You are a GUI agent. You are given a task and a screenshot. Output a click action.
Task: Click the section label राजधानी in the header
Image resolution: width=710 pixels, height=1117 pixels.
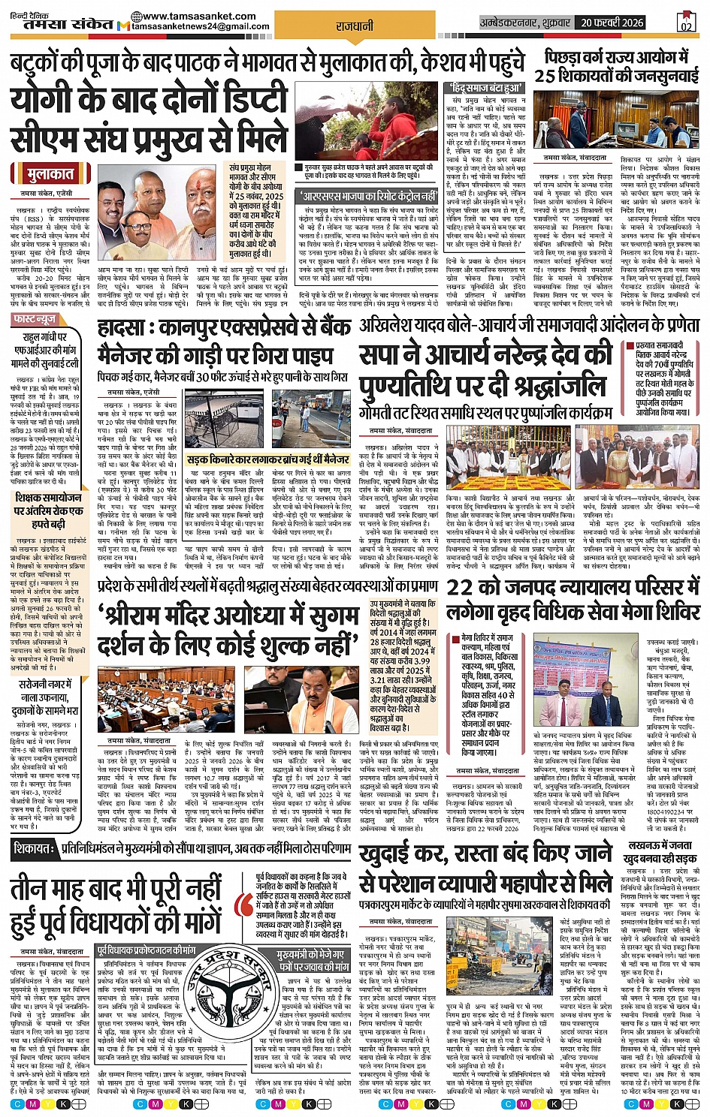[x=354, y=26]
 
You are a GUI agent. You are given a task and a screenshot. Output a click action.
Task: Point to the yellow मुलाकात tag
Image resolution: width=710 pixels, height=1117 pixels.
[x=51, y=175]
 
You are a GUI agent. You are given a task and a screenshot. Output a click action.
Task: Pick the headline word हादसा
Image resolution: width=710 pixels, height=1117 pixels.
[x=130, y=330]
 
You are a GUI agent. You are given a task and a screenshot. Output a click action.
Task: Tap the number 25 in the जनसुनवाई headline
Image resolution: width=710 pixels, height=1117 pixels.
[x=545, y=77]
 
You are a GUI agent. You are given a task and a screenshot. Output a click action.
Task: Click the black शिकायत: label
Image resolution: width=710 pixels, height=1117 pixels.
[x=34, y=848]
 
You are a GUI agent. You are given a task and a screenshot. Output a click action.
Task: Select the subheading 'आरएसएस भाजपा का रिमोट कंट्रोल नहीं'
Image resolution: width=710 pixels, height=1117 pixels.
[x=357, y=196]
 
